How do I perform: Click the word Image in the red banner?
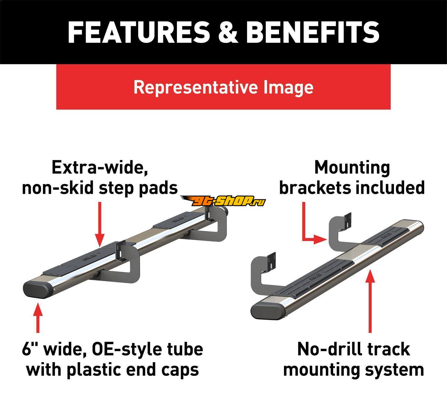coord(288,87)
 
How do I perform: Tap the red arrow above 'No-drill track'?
coord(370,301)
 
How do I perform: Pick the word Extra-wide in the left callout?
coord(100,168)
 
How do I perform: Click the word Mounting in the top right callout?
coord(352,168)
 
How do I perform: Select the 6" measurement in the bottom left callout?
coord(30,349)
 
